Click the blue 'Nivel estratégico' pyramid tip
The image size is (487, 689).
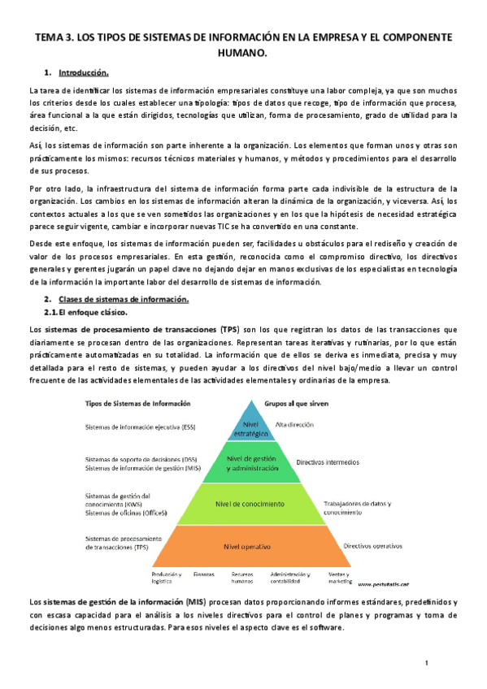coord(247,427)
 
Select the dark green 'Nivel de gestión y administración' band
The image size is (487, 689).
coord(247,463)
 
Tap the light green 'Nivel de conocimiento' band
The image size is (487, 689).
coord(247,504)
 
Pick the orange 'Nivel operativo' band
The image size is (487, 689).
coord(247,545)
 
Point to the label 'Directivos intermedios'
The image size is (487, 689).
coord(327,461)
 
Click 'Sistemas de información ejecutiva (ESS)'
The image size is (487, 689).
coord(140,426)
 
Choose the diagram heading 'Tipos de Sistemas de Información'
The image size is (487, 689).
coord(138,403)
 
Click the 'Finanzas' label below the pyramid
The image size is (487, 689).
coord(205,574)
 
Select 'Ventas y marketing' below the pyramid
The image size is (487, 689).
coord(339,577)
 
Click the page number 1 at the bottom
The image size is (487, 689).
coord(426,664)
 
